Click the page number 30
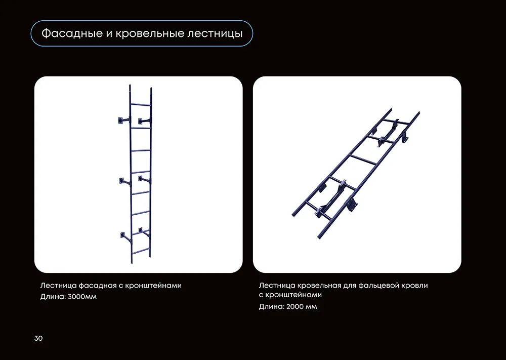click(x=38, y=338)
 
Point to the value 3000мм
click(x=82, y=297)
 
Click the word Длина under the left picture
click(x=53, y=297)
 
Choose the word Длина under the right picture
click(x=272, y=307)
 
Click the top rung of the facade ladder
click(x=140, y=104)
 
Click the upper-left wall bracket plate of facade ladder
click(x=120, y=121)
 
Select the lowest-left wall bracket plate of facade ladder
click(x=122, y=235)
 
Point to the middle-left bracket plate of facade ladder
click(x=121, y=180)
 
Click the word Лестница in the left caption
click(x=59, y=286)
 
